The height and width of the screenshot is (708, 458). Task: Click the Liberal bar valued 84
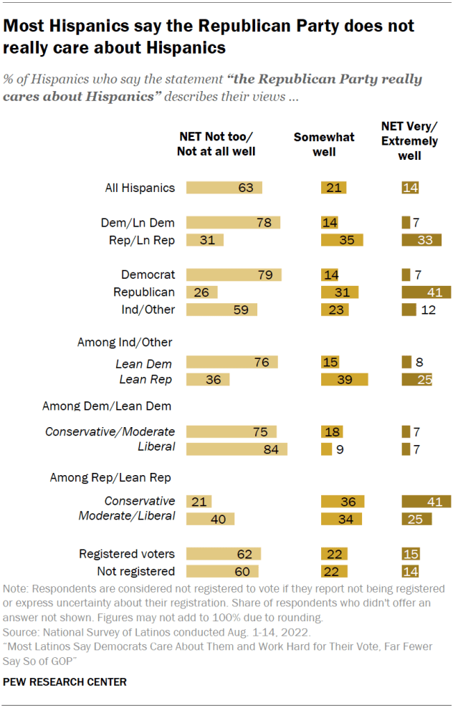pyautogui.click(x=237, y=449)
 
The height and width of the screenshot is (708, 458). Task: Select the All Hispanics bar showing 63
pyautogui.click(x=224, y=188)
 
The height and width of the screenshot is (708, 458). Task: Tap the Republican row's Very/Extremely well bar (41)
pyautogui.click(x=426, y=292)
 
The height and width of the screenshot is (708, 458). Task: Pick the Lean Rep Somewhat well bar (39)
pyautogui.click(x=344, y=380)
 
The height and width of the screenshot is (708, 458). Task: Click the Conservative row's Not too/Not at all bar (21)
pyautogui.click(x=199, y=502)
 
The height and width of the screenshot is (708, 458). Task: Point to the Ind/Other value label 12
pyautogui.click(x=429, y=310)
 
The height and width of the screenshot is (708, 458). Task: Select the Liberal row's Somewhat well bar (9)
pyautogui.click(x=326, y=449)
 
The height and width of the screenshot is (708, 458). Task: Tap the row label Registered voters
pyautogui.click(x=127, y=554)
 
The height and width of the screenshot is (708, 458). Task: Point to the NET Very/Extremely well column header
pyautogui.click(x=410, y=141)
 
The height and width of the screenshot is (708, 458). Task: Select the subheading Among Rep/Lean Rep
pyautogui.click(x=112, y=477)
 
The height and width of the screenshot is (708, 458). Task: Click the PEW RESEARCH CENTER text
pyautogui.click(x=65, y=682)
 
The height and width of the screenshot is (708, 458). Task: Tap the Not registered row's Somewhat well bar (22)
pyautogui.click(x=334, y=571)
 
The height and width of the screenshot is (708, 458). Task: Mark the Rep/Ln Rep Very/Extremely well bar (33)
pyautogui.click(x=421, y=240)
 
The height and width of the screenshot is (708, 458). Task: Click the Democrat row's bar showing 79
pyautogui.click(x=234, y=275)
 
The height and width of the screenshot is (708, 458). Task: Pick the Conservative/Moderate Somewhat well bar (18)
pyautogui.click(x=331, y=432)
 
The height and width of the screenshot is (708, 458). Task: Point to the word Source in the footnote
pyautogui.click(x=20, y=633)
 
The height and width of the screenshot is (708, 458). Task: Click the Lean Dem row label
pyautogui.click(x=145, y=363)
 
